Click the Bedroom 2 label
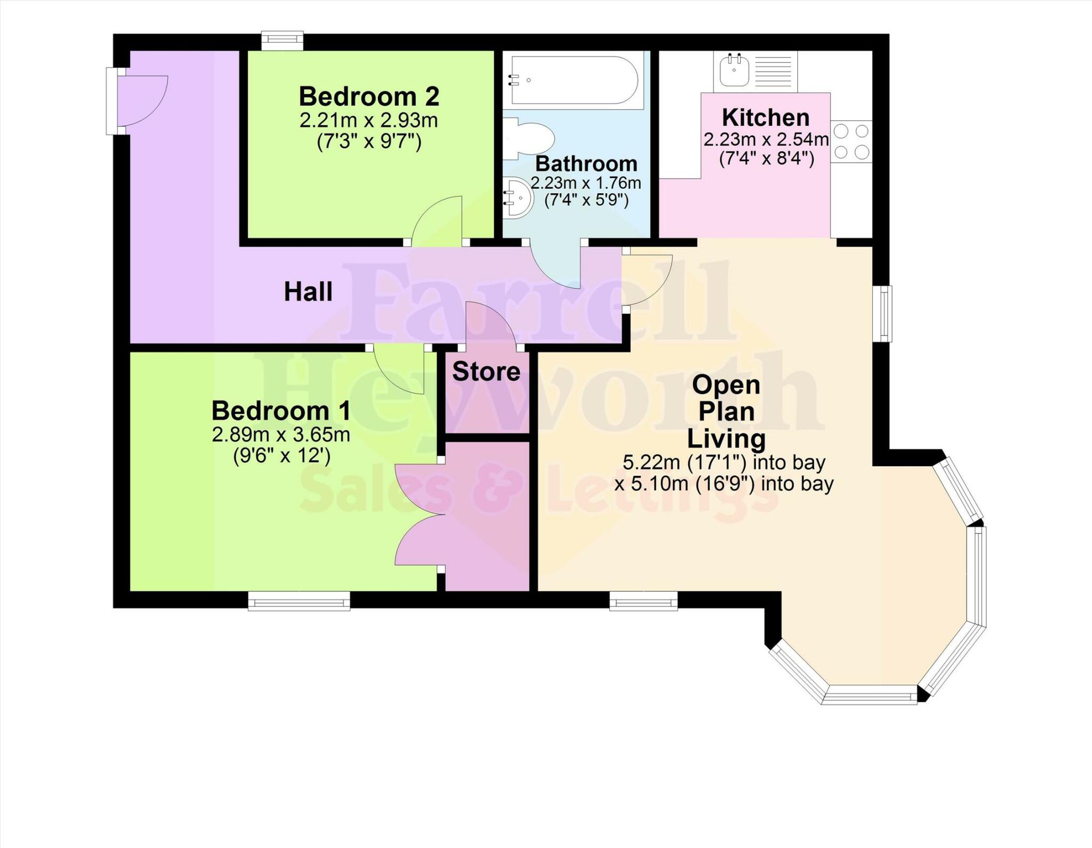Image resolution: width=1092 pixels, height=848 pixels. point(369,97)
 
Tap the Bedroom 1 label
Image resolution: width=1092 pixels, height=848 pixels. point(281,411)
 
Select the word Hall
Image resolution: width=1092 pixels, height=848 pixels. point(308,292)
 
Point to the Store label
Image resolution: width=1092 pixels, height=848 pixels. point(486,372)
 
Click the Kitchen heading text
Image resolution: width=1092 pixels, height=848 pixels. point(766,117)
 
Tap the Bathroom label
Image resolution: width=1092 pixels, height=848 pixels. point(586,164)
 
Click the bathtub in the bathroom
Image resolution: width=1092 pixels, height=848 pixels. point(573,80)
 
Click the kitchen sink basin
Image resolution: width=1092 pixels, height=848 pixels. point(734,71)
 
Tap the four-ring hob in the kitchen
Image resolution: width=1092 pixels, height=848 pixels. point(851,142)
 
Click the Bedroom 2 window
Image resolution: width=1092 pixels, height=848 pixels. point(282,41)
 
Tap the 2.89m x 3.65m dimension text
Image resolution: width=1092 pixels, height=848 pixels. point(281,435)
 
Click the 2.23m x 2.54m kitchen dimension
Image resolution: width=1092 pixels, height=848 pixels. point(766,140)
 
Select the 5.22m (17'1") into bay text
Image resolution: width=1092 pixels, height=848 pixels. point(724,462)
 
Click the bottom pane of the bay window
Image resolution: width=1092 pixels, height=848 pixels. point(869,697)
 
